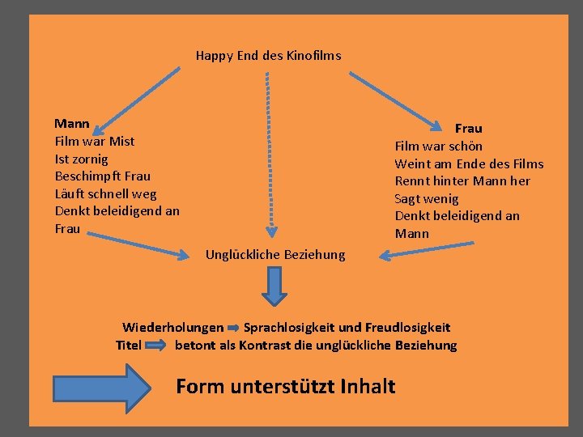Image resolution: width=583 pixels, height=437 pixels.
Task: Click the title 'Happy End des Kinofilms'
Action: [268, 56]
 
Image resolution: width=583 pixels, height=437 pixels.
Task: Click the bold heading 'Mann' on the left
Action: [71, 124]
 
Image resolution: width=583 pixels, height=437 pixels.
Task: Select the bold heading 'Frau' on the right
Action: [468, 128]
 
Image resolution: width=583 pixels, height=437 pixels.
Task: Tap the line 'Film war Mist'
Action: [94, 141]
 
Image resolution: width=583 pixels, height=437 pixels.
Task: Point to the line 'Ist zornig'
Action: [81, 159]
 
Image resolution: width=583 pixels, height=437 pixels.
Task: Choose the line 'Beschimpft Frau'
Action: [102, 176]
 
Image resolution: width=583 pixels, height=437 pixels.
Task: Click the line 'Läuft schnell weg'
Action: [105, 193]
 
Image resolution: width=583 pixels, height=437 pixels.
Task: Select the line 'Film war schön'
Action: [438, 146]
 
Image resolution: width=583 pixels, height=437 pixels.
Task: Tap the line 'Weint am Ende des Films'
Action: [469, 163]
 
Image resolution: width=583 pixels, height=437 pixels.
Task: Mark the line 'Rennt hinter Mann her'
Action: [462, 180]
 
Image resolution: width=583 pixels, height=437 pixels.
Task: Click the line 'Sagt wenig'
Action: [426, 198]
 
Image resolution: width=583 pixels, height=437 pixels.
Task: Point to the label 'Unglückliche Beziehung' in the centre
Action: [274, 255]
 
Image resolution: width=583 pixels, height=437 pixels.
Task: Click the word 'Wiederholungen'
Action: [172, 328]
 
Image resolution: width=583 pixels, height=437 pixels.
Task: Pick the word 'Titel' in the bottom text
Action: [129, 346]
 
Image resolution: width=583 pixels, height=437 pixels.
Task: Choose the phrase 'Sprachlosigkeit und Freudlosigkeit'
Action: [347, 328]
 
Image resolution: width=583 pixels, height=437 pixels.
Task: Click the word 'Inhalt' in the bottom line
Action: [368, 386]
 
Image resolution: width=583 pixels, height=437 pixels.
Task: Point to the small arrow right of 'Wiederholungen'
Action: [233, 329]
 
